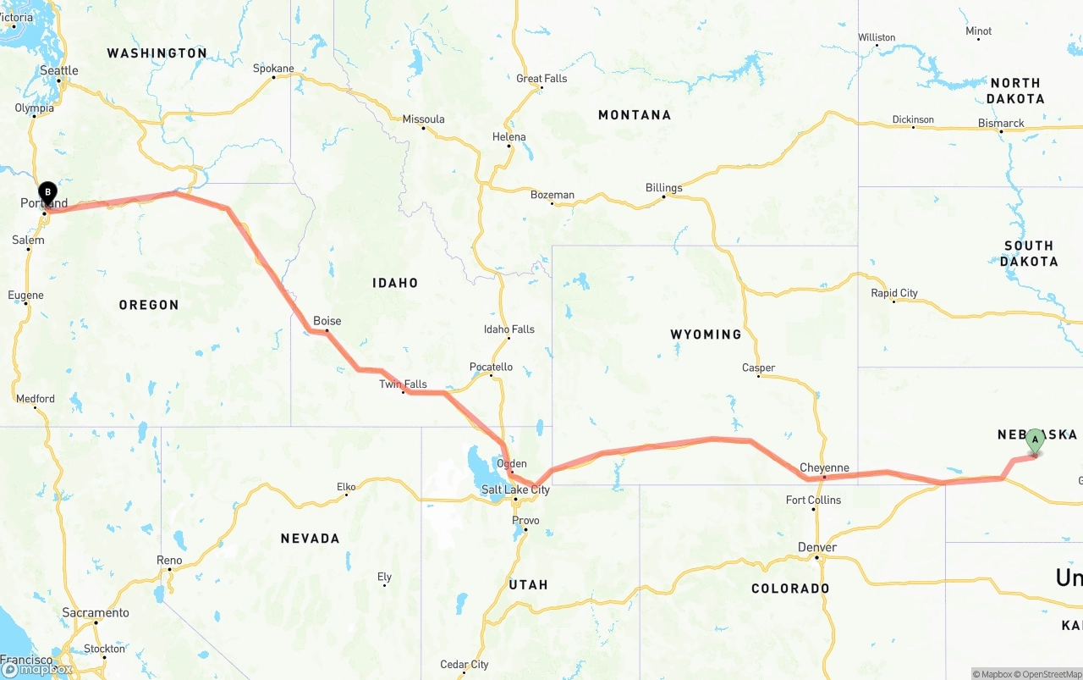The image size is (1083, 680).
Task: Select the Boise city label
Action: tap(327, 321)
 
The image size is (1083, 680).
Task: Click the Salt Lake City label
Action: tap(515, 489)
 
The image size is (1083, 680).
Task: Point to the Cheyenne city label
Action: tap(824, 467)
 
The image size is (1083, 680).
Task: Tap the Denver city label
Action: tap(817, 548)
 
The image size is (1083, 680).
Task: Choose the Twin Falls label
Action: tap(403, 384)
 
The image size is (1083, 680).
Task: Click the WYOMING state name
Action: tap(706, 334)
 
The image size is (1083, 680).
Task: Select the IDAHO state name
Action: tap(395, 283)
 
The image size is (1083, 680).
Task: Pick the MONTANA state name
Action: tap(635, 115)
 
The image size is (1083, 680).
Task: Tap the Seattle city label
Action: tap(59, 71)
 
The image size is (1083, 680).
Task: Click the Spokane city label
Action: tap(274, 69)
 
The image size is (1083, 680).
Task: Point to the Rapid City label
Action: tap(894, 293)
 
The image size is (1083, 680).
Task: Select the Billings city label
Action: tap(663, 188)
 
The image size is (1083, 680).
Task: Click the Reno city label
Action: tap(169, 561)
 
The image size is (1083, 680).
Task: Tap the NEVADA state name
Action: tap(310, 539)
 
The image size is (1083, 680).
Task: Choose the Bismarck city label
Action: tap(1001, 124)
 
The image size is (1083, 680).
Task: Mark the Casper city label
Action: tap(758, 368)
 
